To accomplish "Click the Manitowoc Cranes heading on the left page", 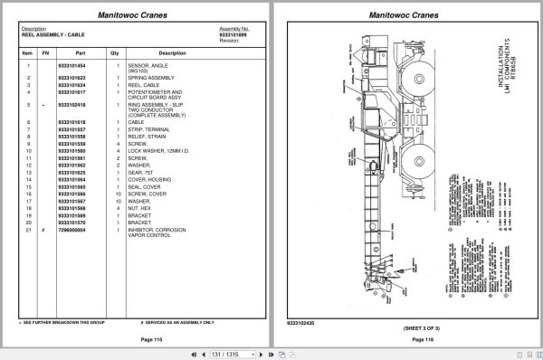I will tap(135, 13).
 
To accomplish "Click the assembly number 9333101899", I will tap(234, 34).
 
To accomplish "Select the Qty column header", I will tap(115, 53).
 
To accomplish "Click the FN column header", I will tap(44, 53).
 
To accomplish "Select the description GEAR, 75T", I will tap(142, 172).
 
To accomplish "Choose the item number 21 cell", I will tap(28, 231).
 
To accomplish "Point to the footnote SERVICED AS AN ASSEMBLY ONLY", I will tap(180, 322).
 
